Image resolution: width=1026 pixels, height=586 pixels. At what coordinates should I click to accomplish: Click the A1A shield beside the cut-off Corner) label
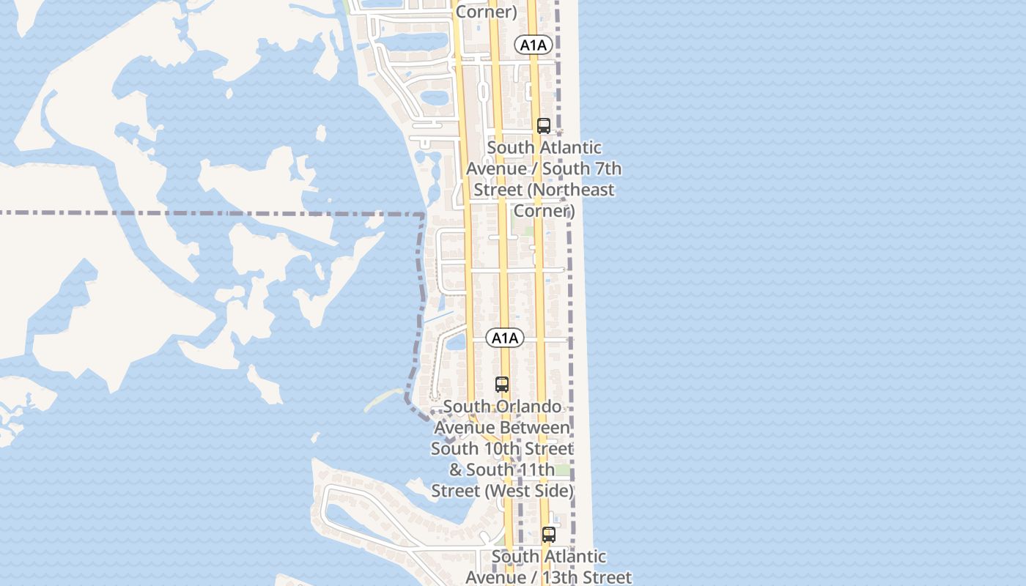tap(533, 45)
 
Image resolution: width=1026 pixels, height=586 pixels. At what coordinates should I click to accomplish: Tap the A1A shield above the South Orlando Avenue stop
tap(505, 338)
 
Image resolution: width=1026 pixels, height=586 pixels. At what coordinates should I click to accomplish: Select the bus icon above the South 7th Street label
tap(543, 125)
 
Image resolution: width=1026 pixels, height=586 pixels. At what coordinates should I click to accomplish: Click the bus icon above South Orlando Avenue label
tap(502, 384)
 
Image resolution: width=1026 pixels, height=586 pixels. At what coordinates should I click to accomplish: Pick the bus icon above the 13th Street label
tap(549, 534)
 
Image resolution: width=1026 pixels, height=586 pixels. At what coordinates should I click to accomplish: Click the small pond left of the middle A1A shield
tap(456, 341)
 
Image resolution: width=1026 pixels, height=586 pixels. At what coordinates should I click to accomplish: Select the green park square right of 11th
tap(562, 470)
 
